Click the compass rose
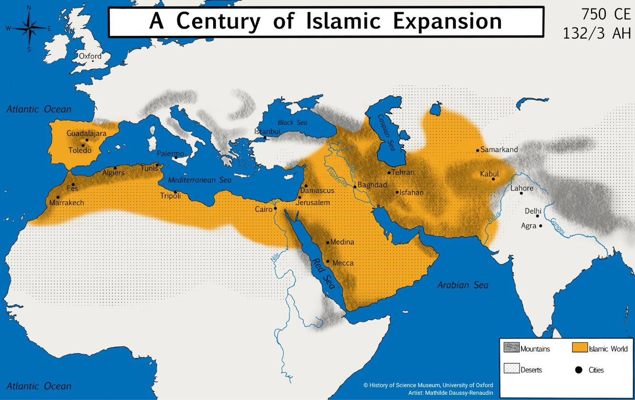[29, 28]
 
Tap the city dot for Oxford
[92, 61]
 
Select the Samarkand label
[499, 150]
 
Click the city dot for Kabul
[493, 179]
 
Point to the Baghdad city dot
[355, 187]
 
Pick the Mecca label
[343, 262]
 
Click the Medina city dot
[328, 242]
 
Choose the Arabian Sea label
[462, 285]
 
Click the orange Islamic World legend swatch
[579, 348]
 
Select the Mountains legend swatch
[511, 348]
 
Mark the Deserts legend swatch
[511, 369]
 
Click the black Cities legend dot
[579, 370]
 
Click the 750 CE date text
[605, 15]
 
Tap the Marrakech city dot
[58, 197]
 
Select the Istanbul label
[267, 131]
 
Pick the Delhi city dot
[537, 216]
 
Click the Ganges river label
[558, 227]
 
